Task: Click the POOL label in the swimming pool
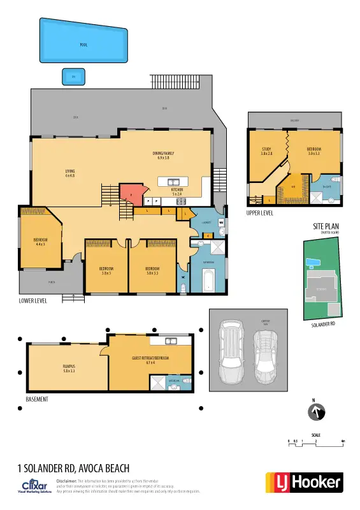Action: click(83, 45)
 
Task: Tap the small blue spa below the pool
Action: click(73, 77)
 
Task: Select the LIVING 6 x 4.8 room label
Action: click(70, 173)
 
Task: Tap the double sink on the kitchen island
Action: click(173, 181)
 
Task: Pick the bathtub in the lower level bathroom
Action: click(207, 280)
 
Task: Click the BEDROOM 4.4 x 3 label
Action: click(40, 242)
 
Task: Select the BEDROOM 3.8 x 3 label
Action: click(106, 270)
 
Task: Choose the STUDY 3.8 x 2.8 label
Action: click(266, 152)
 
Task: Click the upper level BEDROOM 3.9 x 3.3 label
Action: click(314, 152)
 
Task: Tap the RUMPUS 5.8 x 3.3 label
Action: click(69, 368)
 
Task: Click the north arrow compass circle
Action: click(317, 412)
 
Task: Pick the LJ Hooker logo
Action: click(303, 483)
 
